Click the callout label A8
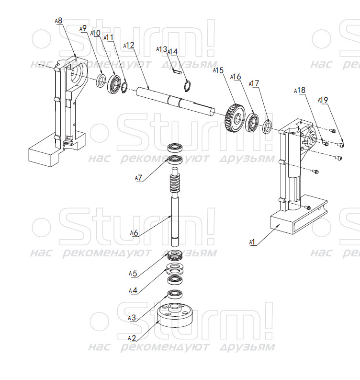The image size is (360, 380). click(58, 21)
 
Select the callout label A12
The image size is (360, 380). click(129, 45)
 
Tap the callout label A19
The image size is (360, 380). click(323, 100)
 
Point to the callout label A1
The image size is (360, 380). click(252, 242)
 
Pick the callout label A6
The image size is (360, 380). click(134, 233)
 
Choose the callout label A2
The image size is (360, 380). click(132, 338)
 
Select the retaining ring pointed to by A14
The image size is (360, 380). click(187, 87)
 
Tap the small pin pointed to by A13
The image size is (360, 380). click(177, 71)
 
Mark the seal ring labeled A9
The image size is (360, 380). click(101, 81)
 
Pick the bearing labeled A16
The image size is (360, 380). click(252, 122)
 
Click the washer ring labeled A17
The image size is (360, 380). click(268, 127)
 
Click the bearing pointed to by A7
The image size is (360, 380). click(175, 160)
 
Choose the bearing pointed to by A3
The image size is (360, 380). click(175, 294)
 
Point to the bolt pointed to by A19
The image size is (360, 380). click(341, 145)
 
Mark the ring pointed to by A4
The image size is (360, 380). click(175, 268)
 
